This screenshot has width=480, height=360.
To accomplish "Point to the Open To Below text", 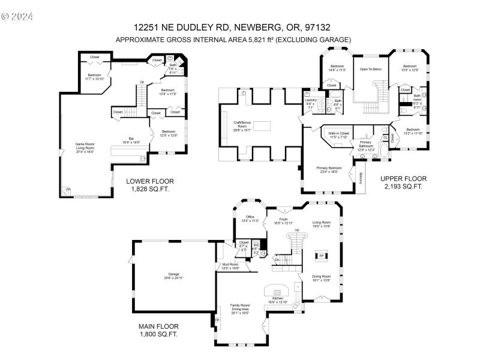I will click(371, 70).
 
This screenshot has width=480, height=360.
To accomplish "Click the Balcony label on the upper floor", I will click(361, 178).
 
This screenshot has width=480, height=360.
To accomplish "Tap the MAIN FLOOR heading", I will click(158, 326).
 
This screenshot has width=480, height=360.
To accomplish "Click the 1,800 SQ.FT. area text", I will click(158, 334).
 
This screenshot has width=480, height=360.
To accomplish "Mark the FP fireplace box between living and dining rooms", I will click(322, 256).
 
